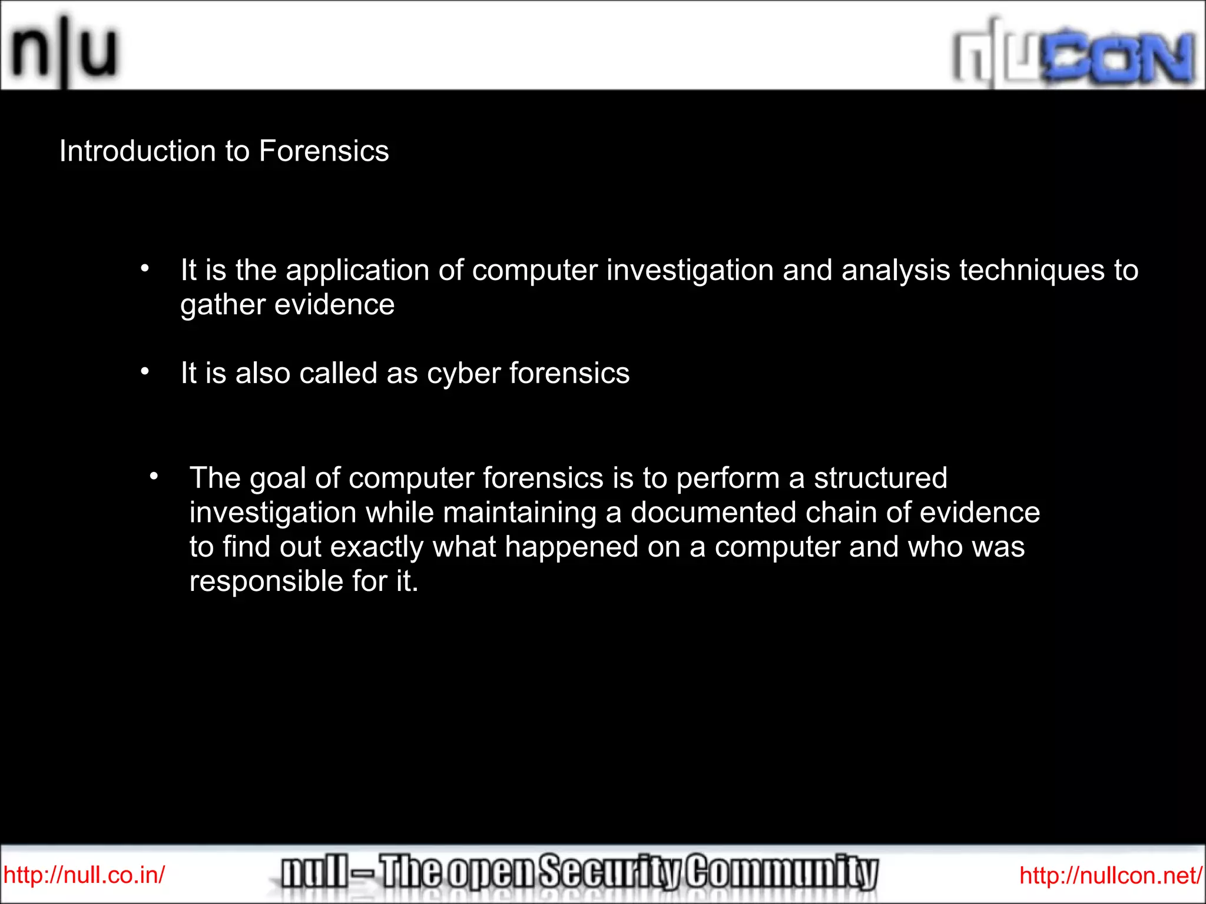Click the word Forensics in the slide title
[x=324, y=151]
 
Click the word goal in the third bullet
[x=277, y=478]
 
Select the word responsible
[x=266, y=582]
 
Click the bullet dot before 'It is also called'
[x=145, y=372]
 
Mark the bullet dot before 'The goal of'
[x=154, y=476]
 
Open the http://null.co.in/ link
[x=84, y=875]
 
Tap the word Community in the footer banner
[x=783, y=872]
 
